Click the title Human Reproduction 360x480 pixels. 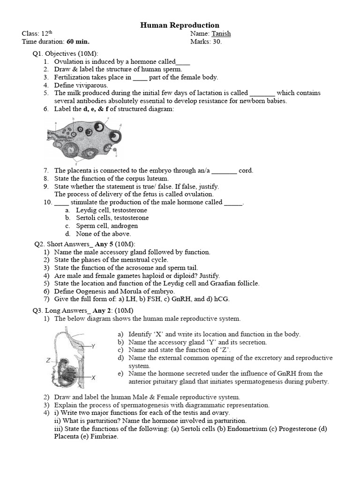click(x=180, y=25)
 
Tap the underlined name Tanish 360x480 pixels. click(x=221, y=34)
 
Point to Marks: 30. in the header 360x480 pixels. click(x=206, y=42)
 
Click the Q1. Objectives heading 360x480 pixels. click(x=65, y=53)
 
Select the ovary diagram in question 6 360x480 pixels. click(x=85, y=141)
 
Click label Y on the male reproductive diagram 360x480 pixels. click(x=93, y=346)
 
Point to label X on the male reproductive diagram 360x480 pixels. click(x=93, y=377)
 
